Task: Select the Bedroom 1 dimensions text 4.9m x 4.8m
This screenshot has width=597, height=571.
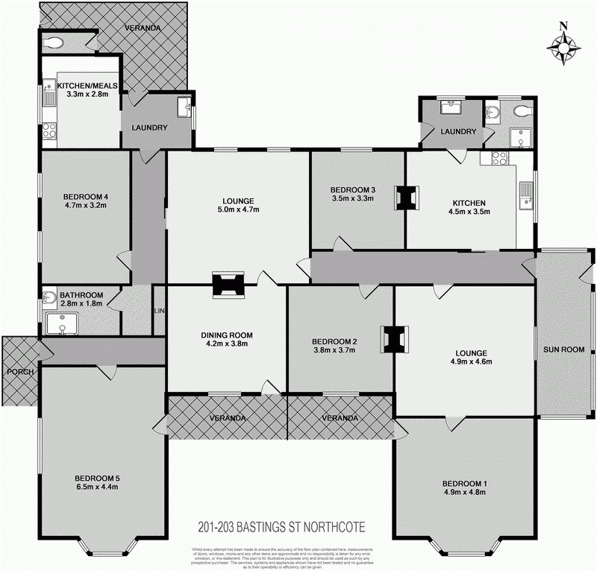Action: [x=464, y=493]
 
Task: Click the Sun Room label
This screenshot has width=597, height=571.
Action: [x=563, y=349]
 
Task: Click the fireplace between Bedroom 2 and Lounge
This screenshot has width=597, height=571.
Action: [x=393, y=339]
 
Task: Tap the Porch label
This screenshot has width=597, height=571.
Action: [x=16, y=371]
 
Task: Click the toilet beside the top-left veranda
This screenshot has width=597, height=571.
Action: [x=54, y=43]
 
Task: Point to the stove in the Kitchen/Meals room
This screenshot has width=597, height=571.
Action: [x=49, y=131]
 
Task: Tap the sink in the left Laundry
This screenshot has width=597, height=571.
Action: [x=184, y=109]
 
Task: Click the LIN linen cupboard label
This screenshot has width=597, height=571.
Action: [x=158, y=310]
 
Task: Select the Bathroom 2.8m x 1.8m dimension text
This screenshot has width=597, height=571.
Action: [x=81, y=305]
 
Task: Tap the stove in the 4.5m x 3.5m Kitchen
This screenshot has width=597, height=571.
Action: [x=499, y=158]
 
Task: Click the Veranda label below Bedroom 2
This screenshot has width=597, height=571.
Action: [x=340, y=418]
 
